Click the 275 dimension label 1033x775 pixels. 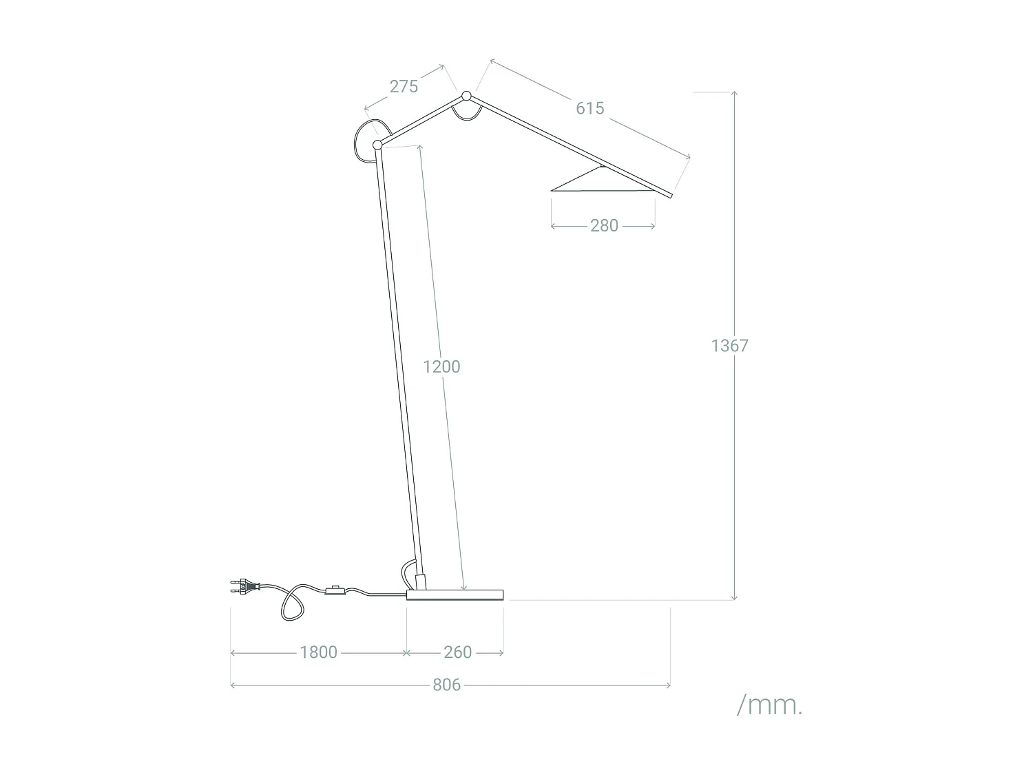click(404, 87)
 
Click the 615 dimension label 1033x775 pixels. click(590, 108)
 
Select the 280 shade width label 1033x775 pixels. click(604, 226)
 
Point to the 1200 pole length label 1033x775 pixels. click(441, 366)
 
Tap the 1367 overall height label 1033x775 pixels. click(729, 346)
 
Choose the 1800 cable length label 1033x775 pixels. click(319, 652)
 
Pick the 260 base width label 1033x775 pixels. click(457, 652)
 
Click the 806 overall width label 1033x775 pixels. click(446, 685)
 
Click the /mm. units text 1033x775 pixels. click(769, 705)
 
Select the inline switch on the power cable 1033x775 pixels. click(335, 590)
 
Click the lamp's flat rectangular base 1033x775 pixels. click(455, 595)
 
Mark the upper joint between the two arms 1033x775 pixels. click(466, 96)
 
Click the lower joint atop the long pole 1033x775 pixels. click(377, 145)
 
